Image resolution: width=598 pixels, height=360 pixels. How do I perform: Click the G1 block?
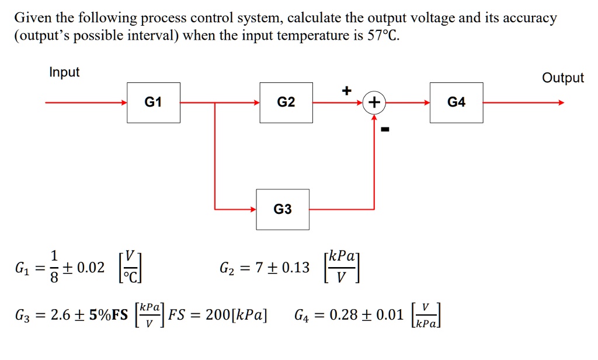click(x=154, y=103)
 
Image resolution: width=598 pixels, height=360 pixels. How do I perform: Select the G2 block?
click(x=286, y=103)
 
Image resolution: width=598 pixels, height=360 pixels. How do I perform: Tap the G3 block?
click(x=282, y=209)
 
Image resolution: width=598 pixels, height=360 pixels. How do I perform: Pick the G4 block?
click(x=456, y=103)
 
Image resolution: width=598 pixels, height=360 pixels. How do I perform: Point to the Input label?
click(x=64, y=72)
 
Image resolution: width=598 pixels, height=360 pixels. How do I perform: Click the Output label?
click(x=562, y=78)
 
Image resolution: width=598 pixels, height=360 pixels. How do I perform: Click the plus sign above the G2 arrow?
click(x=347, y=91)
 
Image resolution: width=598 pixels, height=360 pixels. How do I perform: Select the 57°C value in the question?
click(x=383, y=36)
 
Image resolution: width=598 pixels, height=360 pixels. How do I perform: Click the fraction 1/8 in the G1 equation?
click(x=54, y=268)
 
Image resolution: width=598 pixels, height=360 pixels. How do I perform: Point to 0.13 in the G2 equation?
click(x=295, y=268)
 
